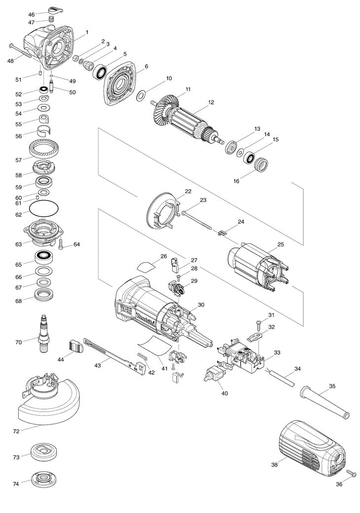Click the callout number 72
point(16,432)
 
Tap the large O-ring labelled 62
point(44,207)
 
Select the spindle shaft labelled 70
point(43,334)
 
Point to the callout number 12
point(211,103)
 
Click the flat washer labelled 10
point(141,96)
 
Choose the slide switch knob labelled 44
point(76,345)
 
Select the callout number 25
point(281,244)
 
